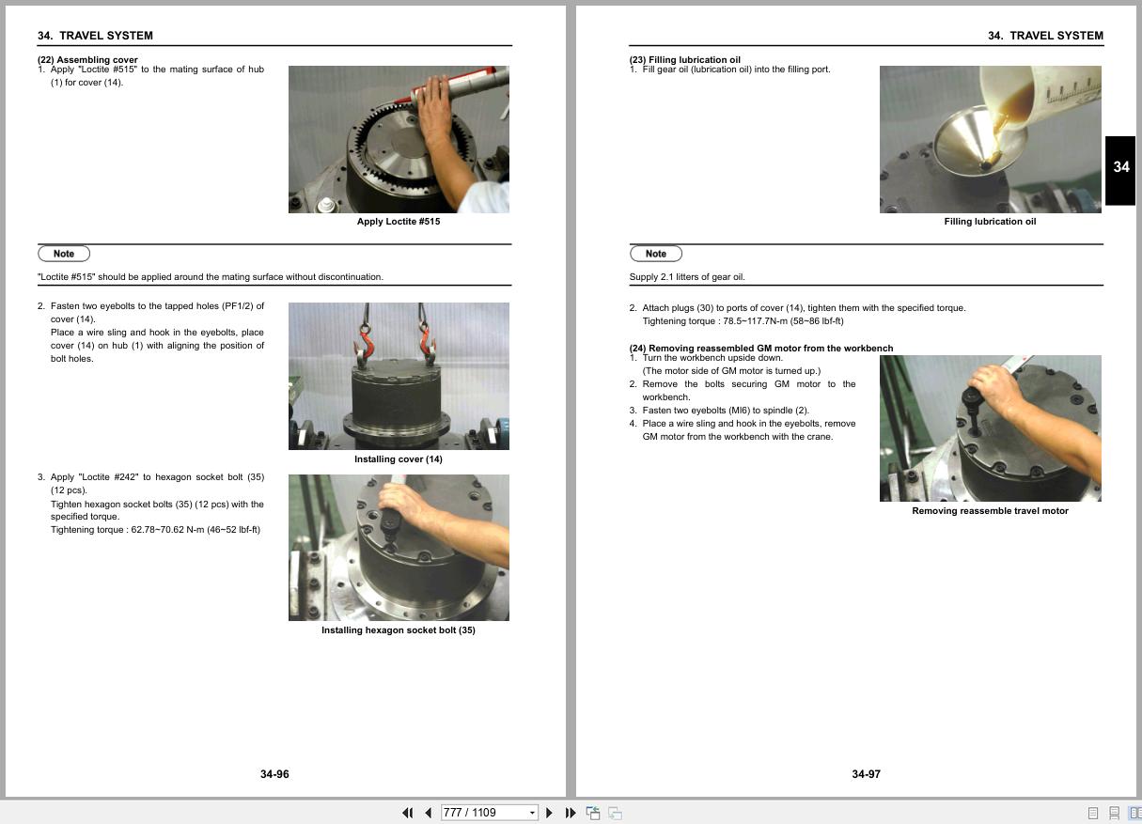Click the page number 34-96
274,774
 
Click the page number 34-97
866,774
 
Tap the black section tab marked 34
1120,170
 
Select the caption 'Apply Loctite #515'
399,221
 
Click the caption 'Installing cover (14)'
399,459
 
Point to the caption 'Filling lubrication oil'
990,221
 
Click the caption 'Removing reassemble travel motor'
990,510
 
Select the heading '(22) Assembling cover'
87,59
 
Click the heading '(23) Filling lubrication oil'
684,59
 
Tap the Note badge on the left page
64,254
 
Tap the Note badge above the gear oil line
656,254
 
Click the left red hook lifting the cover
363,347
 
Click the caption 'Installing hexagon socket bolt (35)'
399,630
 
